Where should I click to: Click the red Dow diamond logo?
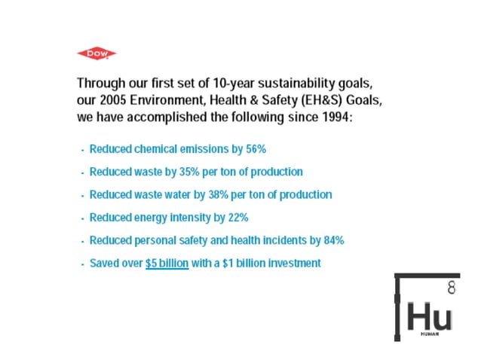click(x=96, y=53)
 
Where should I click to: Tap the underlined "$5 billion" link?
click(x=167, y=264)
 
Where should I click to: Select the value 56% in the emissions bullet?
click(x=256, y=149)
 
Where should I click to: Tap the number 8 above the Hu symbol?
click(x=451, y=287)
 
